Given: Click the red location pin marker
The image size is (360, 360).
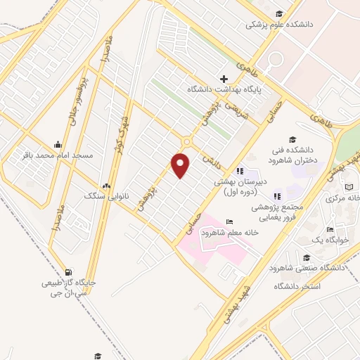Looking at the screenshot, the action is (181, 166).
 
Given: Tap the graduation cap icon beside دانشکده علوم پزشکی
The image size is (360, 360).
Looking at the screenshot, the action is (279, 13).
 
